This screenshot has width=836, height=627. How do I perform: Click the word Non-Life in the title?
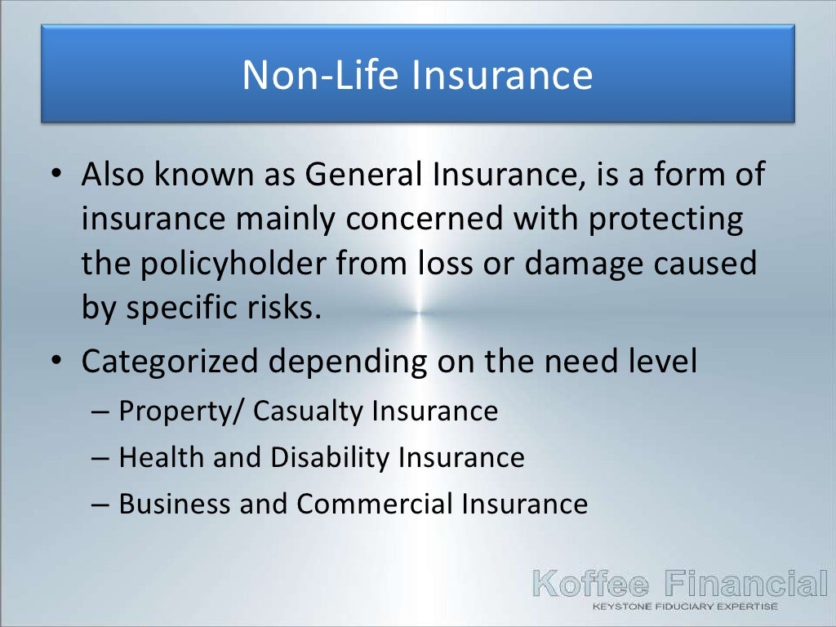click(x=319, y=75)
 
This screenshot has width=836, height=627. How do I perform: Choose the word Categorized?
click(x=173, y=362)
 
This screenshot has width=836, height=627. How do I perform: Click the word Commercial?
click(x=376, y=504)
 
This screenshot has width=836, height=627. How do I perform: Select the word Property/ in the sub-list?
click(x=182, y=411)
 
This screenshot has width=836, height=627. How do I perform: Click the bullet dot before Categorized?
click(x=54, y=362)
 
